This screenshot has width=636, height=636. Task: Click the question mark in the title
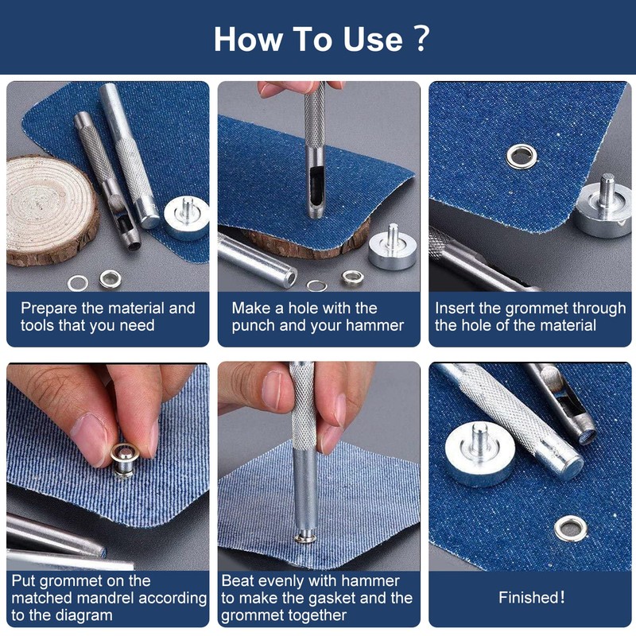422,38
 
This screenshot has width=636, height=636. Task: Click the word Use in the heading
373,39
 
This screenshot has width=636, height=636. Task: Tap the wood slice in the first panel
52,209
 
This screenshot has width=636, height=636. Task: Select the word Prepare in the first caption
48,309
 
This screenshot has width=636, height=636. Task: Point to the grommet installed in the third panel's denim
522,157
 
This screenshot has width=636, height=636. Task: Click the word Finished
531,598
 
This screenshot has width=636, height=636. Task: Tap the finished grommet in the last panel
571,529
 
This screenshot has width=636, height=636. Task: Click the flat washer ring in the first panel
77,283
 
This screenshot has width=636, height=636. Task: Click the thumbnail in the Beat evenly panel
271,390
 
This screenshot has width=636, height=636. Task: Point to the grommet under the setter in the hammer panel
305,539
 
